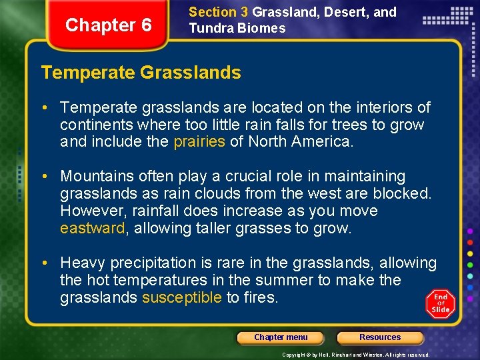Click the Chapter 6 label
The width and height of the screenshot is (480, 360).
109,25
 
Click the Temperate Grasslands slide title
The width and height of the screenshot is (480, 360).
141,73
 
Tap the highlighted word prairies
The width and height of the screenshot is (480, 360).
199,142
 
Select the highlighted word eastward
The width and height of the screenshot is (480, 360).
92,229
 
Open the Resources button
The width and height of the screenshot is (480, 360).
380,337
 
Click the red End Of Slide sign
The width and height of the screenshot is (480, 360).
440,303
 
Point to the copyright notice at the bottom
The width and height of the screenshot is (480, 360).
356,355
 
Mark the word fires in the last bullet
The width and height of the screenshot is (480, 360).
261,298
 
